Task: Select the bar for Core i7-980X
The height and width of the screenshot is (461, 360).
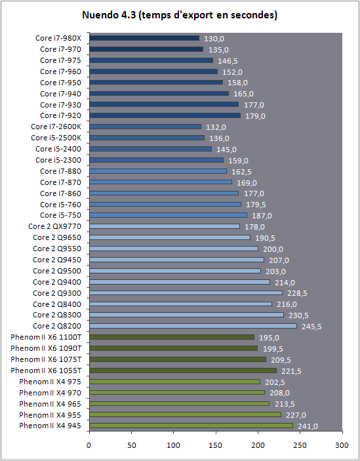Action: click(144, 38)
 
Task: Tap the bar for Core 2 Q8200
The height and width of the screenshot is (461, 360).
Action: click(193, 326)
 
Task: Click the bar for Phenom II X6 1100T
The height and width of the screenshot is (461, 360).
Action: click(172, 337)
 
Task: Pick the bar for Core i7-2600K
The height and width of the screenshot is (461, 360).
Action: click(145, 127)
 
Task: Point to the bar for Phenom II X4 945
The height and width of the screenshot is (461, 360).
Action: click(191, 426)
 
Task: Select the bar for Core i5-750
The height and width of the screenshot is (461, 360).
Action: click(168, 215)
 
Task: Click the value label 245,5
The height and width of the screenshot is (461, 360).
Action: click(311, 327)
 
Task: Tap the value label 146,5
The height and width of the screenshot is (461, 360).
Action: click(228, 61)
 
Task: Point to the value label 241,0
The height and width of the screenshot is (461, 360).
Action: click(308, 426)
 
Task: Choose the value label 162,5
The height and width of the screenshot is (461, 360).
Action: click(241, 172)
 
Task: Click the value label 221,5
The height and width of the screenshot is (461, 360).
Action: click(291, 371)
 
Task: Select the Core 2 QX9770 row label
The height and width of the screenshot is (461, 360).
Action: click(54, 226)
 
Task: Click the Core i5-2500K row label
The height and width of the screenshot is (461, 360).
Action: click(56, 138)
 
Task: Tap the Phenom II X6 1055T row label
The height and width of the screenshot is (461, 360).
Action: click(46, 371)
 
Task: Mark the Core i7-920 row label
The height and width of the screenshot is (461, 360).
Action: click(60, 115)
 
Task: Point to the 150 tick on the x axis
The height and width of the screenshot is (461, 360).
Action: click(216, 445)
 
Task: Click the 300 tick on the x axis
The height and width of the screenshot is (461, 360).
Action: click(342, 445)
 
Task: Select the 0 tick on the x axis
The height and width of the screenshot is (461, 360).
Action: click(89, 445)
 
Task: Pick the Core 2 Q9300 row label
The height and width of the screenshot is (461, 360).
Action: click(57, 293)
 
